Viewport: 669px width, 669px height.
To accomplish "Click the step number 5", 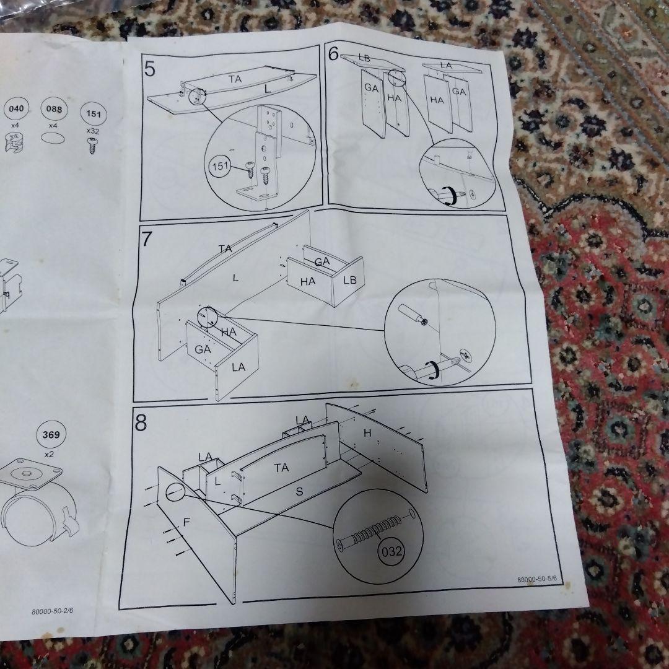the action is (150, 69).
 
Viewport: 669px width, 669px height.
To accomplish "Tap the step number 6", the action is (334, 53).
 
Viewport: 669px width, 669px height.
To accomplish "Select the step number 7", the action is (147, 239).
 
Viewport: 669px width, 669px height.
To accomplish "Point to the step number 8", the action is (141, 422).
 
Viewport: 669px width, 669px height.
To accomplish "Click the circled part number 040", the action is (16, 109).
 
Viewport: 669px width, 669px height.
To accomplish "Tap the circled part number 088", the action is (54, 109).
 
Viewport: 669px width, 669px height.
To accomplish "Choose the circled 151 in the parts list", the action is (94, 114).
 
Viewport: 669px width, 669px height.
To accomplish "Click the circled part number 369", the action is (51, 435).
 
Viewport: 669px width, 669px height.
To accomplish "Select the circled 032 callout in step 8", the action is (391, 552).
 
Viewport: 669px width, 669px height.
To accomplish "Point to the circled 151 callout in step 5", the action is (220, 166).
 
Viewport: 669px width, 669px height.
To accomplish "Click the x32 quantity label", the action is (92, 131).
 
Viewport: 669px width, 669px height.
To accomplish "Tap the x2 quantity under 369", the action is (50, 455).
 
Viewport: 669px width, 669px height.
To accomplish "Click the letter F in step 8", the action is (186, 522).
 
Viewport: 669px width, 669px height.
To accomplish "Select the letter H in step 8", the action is (367, 433).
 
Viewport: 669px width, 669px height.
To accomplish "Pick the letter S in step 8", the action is (300, 491).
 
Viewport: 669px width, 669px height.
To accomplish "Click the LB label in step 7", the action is (350, 281).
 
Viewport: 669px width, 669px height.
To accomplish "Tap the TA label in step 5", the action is (235, 79).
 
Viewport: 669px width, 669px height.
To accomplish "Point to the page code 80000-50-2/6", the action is (53, 611).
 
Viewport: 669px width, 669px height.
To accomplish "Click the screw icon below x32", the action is (92, 146).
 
